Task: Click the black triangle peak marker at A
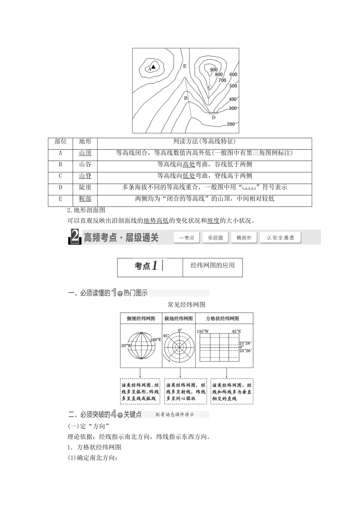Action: (x=153, y=66)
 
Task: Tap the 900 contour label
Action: (x=214, y=70)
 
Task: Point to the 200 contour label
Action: (x=230, y=124)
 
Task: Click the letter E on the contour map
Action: (x=185, y=66)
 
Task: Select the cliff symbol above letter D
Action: (x=214, y=113)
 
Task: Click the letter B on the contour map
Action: (x=186, y=98)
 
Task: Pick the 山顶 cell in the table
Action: (x=85, y=153)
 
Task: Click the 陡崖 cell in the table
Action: (x=85, y=187)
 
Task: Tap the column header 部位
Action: (x=61, y=142)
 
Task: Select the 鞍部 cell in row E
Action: (x=85, y=199)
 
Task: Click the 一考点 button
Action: (x=187, y=237)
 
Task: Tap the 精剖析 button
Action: (x=244, y=237)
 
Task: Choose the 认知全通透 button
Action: (x=280, y=237)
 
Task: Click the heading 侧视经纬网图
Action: (x=141, y=319)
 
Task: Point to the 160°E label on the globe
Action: (x=156, y=339)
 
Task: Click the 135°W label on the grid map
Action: (x=203, y=331)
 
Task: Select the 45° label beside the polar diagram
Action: (x=166, y=336)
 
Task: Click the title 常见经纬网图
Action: (x=186, y=304)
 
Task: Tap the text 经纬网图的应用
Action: (x=213, y=265)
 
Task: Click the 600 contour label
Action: (x=233, y=75)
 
